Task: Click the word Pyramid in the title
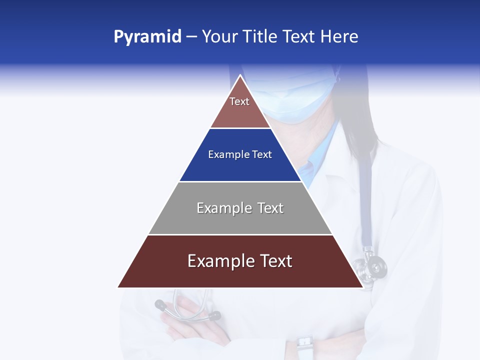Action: [x=147, y=37]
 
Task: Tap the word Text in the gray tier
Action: [x=270, y=208]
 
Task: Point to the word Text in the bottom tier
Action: [x=275, y=261]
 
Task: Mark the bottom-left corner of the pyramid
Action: [x=118, y=287]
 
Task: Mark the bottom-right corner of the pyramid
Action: [x=363, y=287]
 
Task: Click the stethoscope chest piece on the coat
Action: [x=374, y=266]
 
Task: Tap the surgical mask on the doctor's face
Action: [x=292, y=100]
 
